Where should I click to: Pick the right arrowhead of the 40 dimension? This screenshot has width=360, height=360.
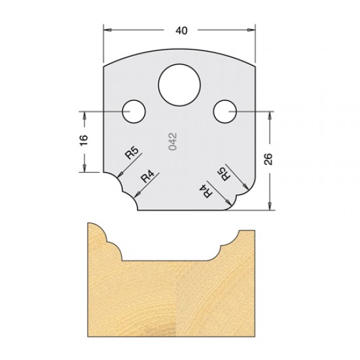pyautogui.click(x=251, y=29)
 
